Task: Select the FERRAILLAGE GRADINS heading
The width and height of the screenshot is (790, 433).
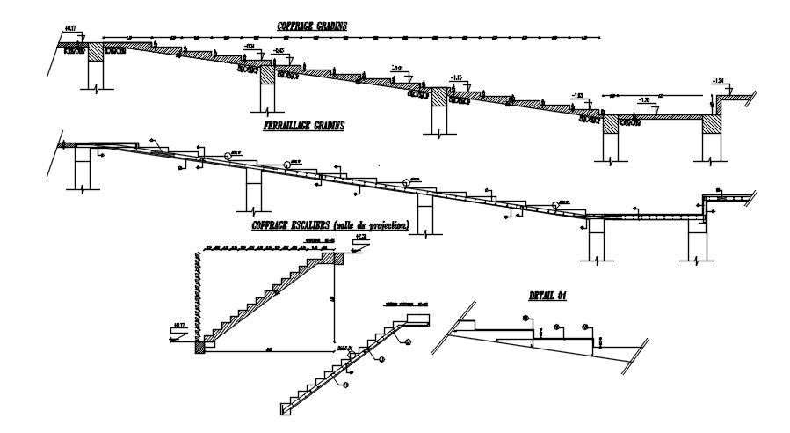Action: (x=303, y=126)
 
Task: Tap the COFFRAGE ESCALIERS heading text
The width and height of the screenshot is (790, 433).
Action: (x=330, y=225)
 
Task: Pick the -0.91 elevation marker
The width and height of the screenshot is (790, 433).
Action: (x=398, y=69)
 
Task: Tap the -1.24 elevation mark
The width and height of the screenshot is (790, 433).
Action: (x=720, y=82)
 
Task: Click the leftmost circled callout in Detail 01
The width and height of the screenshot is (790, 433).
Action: (x=525, y=318)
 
